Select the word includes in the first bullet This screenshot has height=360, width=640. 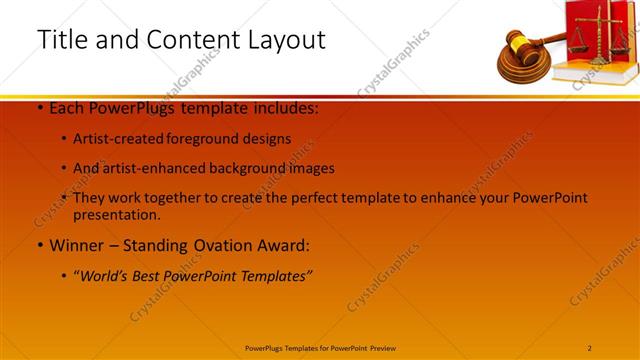click(282, 109)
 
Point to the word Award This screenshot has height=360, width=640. click(286, 245)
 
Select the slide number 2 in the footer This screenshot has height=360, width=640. click(590, 348)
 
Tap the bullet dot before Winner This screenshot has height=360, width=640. click(38, 245)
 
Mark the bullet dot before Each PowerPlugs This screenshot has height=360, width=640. click(38, 109)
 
